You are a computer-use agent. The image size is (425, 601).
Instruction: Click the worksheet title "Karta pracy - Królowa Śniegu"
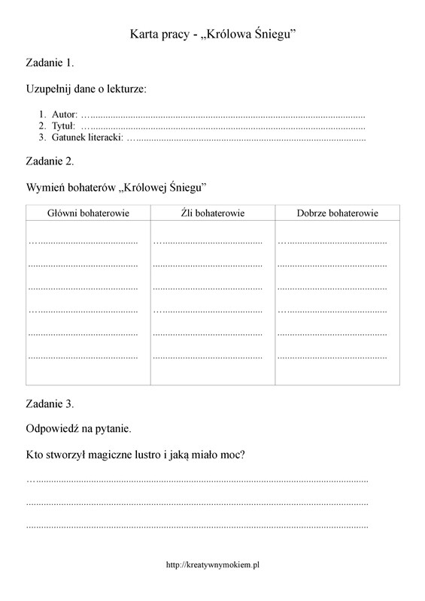point(212,34)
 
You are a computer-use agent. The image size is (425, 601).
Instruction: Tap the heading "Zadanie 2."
point(50,161)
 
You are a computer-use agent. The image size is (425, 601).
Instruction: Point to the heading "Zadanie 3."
point(50,403)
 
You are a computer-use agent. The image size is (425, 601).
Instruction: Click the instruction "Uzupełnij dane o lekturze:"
point(87,89)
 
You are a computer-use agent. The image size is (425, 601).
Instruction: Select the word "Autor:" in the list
point(65,115)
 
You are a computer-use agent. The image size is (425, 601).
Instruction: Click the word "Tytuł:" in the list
point(64,126)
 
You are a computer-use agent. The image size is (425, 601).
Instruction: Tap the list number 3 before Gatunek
point(43,137)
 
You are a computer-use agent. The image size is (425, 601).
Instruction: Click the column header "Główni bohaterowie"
point(88,213)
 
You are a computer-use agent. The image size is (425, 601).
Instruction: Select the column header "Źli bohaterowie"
point(213,213)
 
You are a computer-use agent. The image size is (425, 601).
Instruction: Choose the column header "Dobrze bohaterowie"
point(337,213)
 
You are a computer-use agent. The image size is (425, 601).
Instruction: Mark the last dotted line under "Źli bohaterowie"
point(208,355)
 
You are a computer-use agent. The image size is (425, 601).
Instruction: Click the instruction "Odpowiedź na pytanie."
point(79,429)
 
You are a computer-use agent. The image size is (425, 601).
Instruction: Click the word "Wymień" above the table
point(44,186)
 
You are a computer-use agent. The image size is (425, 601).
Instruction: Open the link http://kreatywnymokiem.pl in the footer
point(212,564)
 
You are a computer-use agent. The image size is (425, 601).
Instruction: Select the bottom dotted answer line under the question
point(197,526)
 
